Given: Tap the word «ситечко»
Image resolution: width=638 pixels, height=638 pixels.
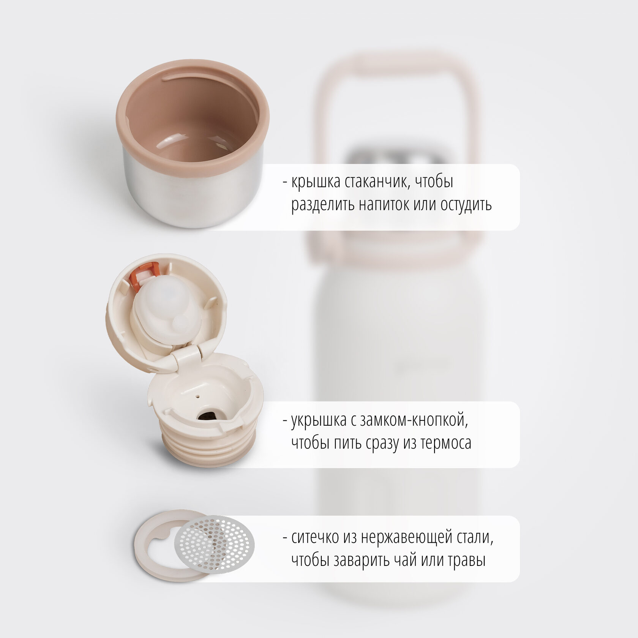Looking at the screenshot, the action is (315, 538).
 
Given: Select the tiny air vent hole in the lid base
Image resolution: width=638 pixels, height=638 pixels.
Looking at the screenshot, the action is (197, 395).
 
